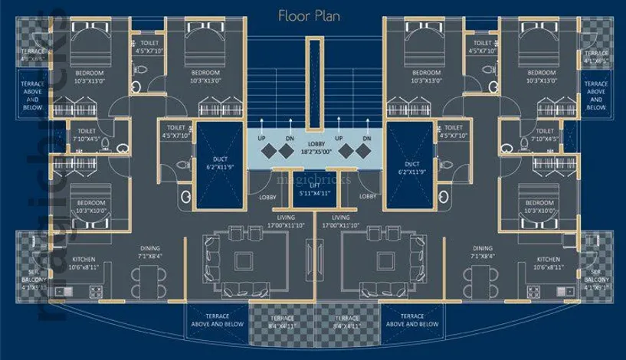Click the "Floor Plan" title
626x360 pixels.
313,15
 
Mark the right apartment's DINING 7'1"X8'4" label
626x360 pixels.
483,252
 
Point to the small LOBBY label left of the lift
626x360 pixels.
267,197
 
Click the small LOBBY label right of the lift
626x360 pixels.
368,197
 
